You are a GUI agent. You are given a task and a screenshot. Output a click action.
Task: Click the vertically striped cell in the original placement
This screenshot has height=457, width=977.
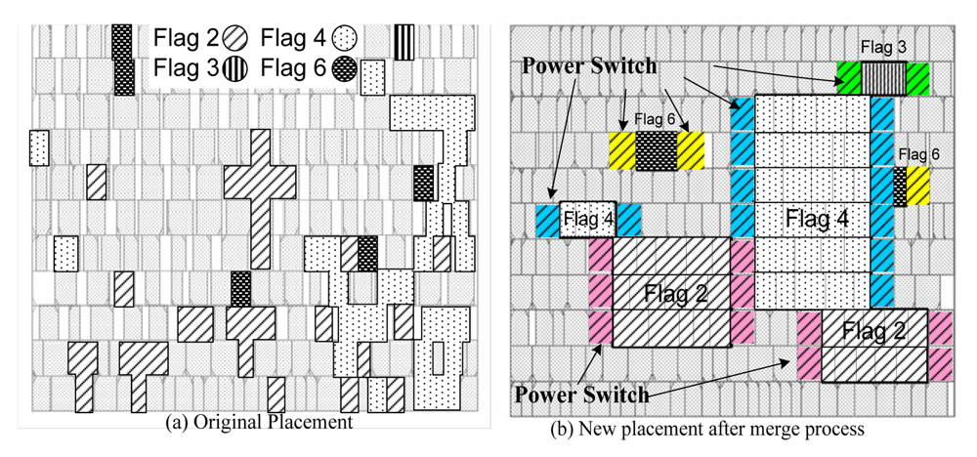[404, 41]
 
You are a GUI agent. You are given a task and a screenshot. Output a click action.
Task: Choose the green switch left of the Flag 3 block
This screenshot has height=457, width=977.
[848, 77]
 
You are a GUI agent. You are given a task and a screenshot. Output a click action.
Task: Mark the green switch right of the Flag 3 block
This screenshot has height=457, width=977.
[918, 77]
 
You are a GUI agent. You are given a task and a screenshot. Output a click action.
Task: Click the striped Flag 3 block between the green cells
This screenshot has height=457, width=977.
[883, 77]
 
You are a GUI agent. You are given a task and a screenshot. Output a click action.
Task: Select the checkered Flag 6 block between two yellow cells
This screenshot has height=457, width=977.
[656, 151]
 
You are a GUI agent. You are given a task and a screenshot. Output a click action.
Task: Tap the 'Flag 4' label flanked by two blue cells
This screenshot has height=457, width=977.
[588, 220]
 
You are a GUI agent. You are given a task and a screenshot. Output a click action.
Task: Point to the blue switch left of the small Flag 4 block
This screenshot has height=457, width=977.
[546, 220]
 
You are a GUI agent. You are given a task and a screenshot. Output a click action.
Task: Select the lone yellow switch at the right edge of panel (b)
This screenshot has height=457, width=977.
[917, 186]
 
